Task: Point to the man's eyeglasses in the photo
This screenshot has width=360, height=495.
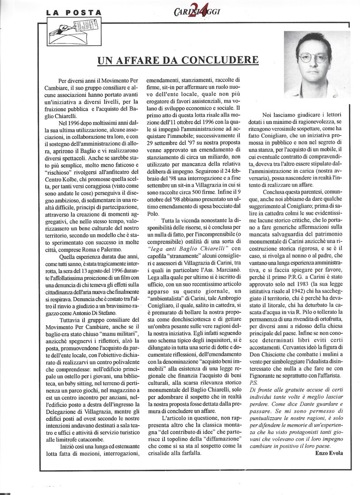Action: (313, 57)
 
